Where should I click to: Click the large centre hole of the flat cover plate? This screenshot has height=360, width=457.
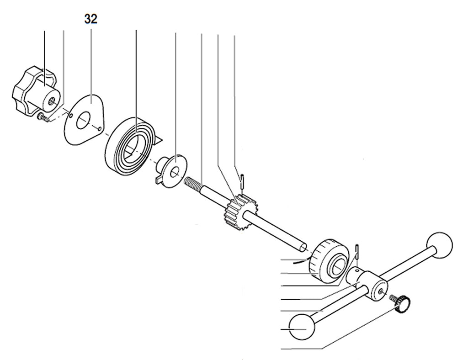83,122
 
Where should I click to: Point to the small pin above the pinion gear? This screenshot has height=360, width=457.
242,179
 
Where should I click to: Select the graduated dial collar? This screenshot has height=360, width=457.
327,261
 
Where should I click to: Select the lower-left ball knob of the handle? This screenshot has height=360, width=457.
302,326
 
